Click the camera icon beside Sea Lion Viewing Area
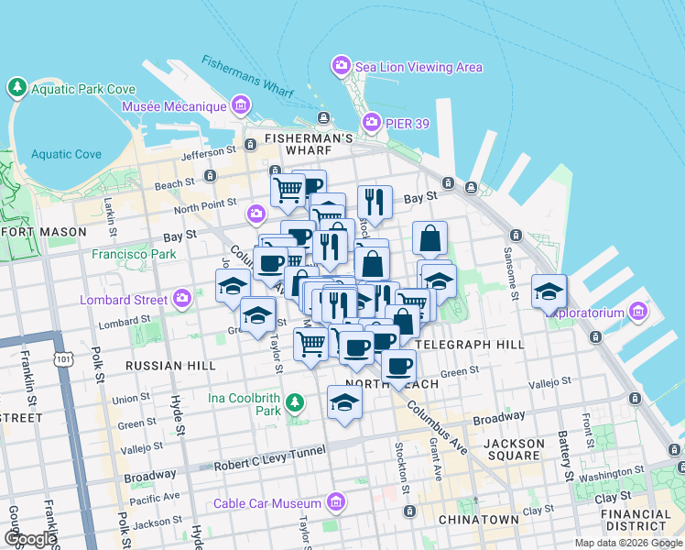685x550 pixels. coord(342,66)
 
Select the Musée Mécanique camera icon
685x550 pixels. coord(243,106)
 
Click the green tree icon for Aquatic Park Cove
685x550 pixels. coord(16,88)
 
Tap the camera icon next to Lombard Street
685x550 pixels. coord(182,299)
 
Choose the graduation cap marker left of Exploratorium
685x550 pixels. coord(549,292)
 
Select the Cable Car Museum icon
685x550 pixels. coord(336,502)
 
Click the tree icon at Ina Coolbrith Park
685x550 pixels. coord(295,402)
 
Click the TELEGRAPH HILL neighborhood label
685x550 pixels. coord(469,344)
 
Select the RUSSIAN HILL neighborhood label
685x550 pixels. coord(170,365)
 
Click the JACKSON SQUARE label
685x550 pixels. coord(514,450)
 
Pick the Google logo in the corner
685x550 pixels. coord(31,538)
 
